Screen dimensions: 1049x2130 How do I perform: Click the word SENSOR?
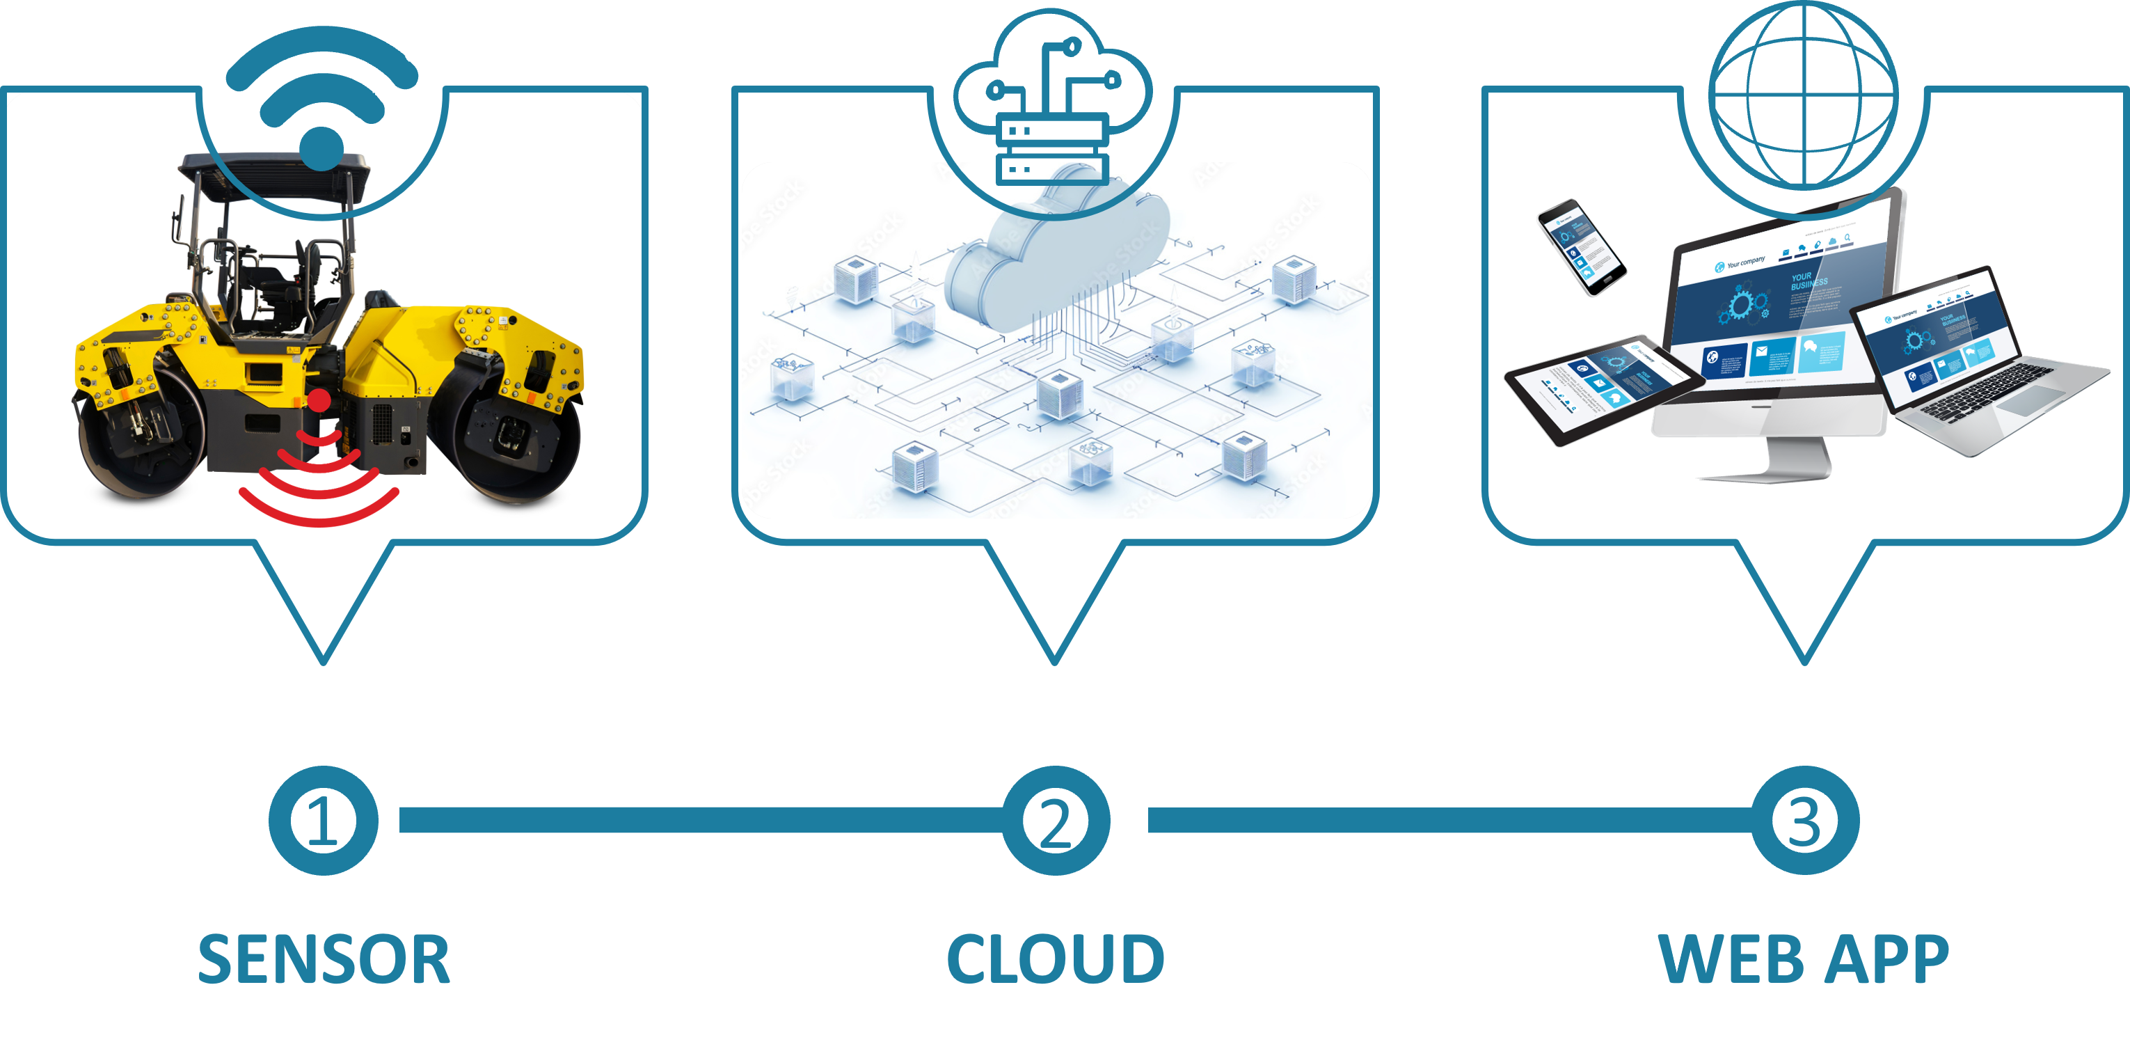(x=324, y=960)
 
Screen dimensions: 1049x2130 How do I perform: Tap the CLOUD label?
(x=1055, y=960)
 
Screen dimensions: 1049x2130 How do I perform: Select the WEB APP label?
(x=1804, y=960)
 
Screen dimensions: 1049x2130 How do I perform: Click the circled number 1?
(x=324, y=821)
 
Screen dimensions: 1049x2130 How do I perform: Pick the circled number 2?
(x=1055, y=821)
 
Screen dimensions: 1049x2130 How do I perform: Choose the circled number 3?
(x=1804, y=821)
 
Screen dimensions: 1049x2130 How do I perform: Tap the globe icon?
(x=1804, y=95)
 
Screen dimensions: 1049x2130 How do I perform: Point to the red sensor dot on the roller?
(x=319, y=401)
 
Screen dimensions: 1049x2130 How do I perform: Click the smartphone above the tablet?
(x=1580, y=246)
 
